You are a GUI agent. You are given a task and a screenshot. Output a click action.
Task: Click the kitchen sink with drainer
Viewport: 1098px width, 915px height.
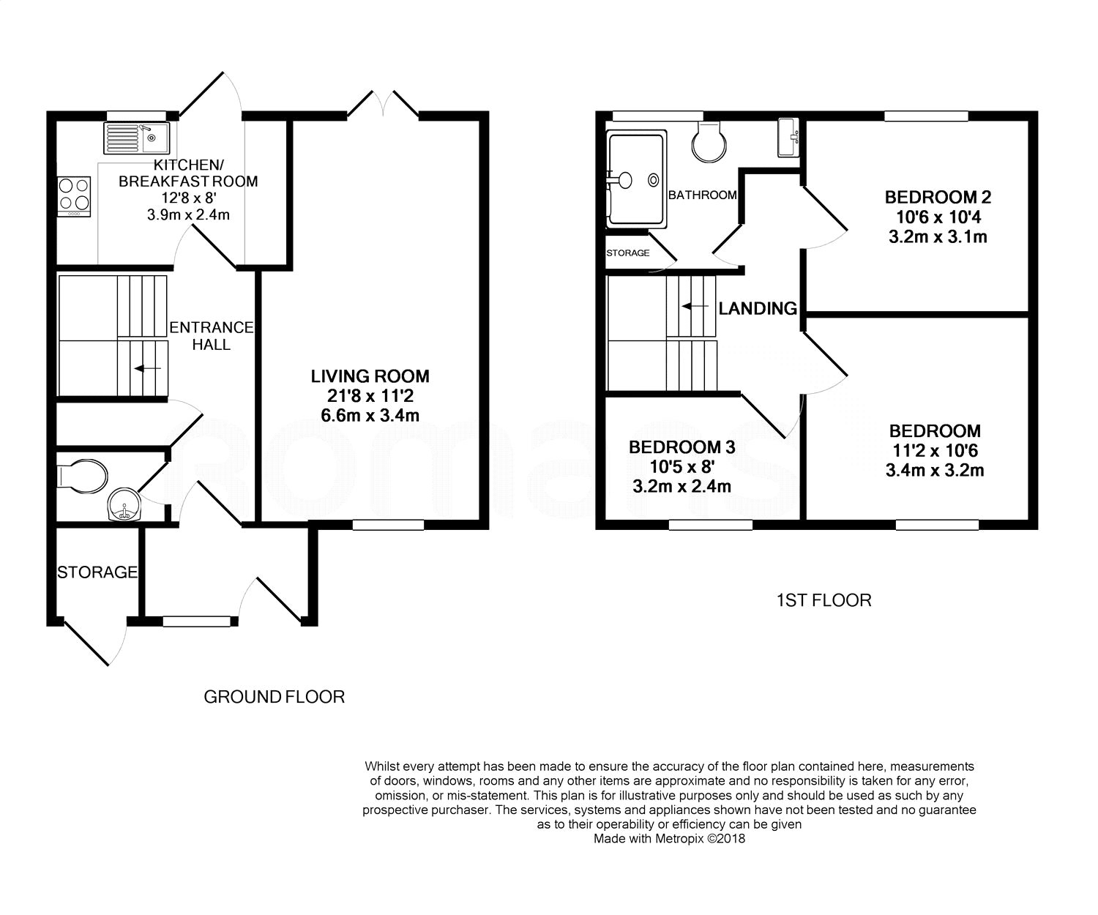(137, 138)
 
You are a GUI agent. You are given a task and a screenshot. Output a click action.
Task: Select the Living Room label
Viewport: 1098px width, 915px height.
(370, 376)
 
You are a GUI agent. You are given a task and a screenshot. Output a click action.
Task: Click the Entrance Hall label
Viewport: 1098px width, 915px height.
(212, 336)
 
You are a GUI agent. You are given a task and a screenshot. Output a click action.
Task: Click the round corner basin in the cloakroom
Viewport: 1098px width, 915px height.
(124, 505)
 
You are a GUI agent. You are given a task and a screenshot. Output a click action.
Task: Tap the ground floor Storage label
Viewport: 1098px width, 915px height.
(97, 572)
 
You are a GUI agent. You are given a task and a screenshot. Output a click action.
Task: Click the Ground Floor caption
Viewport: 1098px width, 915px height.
(274, 697)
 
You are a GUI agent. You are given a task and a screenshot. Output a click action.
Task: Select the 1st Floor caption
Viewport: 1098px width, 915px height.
(824, 600)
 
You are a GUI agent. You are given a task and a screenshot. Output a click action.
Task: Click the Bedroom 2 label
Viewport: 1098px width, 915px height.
(938, 197)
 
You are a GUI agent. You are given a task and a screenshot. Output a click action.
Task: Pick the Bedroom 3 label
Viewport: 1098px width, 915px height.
(682, 447)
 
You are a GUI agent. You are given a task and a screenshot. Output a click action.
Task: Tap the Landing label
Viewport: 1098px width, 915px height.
(758, 308)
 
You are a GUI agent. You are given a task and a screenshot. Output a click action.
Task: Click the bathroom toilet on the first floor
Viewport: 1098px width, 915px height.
(709, 141)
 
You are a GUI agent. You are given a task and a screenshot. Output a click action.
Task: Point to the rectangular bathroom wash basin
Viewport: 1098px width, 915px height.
(788, 138)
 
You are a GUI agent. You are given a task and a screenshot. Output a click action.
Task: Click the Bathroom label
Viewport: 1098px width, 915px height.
(703, 195)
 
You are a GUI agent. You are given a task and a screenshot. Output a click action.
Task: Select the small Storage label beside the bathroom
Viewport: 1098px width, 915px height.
(628, 253)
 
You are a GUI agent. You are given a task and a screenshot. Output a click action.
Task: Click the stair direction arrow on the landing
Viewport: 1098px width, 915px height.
(695, 306)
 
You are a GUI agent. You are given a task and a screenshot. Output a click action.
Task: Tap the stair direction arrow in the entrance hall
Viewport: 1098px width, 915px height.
(148, 369)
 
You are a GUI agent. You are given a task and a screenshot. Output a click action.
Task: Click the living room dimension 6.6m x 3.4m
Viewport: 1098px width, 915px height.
(370, 416)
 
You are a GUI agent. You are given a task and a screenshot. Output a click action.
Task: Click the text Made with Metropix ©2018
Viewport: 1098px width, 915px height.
(670, 839)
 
